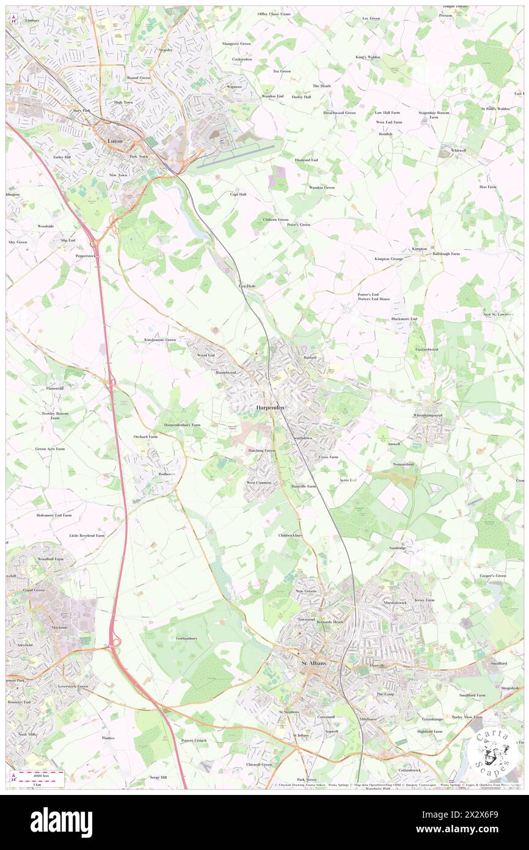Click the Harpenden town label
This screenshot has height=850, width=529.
266,408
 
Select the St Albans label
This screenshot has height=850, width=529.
314,663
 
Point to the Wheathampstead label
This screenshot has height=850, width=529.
432,415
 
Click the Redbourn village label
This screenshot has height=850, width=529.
167,474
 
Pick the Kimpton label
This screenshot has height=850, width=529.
419,249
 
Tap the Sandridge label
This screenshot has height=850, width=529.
398,548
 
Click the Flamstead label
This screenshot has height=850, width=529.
55,388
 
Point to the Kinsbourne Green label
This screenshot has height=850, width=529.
159,339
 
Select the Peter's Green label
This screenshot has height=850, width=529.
299,224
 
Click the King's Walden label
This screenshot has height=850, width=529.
368,57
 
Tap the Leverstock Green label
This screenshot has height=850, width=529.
73,686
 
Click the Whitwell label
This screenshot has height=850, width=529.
458,150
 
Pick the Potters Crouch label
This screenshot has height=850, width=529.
194,741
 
